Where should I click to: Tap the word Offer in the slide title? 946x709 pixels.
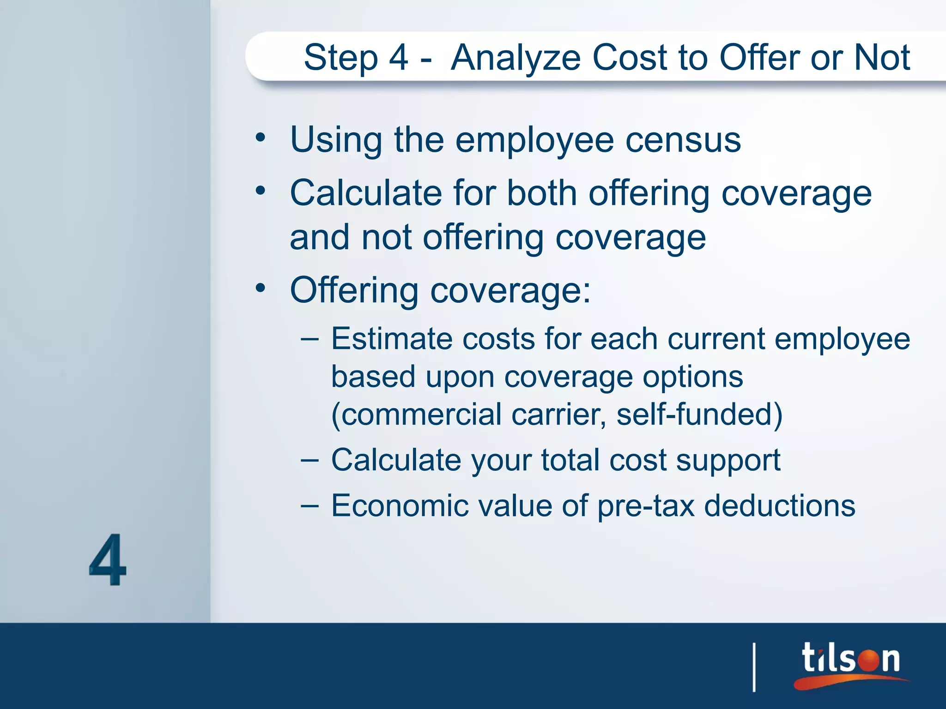758,58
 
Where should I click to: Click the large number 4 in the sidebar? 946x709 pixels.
108,559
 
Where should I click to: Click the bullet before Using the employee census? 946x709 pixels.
261,138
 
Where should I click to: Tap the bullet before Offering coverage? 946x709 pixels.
261,288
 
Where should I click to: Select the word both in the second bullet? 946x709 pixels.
542,193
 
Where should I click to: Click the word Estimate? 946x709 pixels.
392,339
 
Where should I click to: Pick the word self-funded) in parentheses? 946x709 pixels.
699,414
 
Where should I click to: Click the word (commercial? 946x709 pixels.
416,414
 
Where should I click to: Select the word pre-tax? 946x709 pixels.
645,506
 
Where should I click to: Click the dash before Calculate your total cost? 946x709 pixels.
309,460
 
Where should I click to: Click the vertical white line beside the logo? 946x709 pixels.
754,667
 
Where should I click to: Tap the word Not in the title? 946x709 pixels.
881,58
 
